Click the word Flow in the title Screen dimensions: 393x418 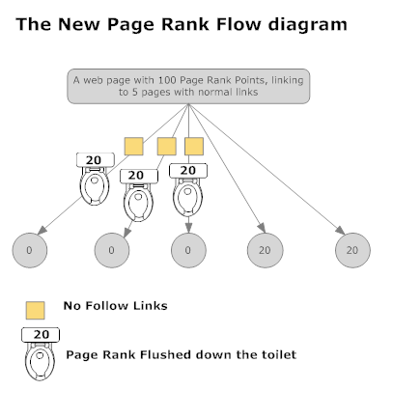238,24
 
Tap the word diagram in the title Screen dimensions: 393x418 308,24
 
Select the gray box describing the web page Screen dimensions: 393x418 188,86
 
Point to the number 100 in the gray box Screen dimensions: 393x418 167,80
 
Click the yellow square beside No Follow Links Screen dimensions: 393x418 35,311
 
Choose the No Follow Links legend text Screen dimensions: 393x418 115,306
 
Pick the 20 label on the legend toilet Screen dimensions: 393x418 41,335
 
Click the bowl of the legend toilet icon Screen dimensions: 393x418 40,361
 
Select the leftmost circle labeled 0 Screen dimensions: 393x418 30,250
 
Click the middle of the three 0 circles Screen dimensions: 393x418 112,250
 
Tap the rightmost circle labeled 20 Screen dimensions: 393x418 352,250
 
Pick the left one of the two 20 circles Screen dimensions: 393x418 266,250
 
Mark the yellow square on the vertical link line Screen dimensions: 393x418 194,147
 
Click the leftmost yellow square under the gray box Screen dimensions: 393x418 134,147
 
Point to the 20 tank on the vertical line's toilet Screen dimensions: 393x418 188,171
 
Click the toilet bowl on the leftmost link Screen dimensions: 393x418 95,186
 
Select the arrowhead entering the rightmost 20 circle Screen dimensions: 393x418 340,231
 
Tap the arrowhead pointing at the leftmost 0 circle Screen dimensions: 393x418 42,231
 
